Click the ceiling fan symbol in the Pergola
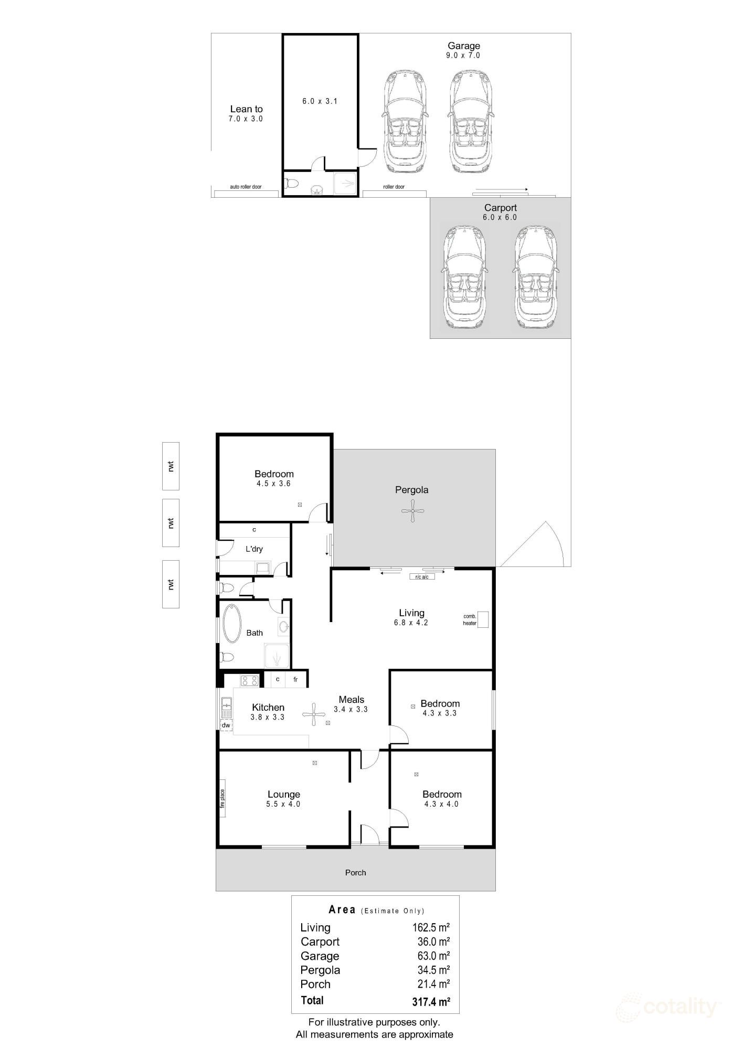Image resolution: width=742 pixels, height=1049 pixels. click(413, 511)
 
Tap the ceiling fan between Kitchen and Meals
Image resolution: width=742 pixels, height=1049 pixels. click(314, 714)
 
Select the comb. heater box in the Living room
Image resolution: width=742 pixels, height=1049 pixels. click(483, 619)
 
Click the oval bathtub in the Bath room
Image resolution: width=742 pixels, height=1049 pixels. click(231, 624)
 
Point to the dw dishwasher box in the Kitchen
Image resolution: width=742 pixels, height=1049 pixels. click(226, 725)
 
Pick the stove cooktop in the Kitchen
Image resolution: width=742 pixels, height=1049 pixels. click(249, 681)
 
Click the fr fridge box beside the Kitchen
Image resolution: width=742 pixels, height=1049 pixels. click(295, 680)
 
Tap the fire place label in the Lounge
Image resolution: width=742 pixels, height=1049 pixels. click(222, 802)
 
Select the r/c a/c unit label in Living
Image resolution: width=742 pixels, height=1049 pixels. click(422, 577)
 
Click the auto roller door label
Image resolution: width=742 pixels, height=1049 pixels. click(246, 187)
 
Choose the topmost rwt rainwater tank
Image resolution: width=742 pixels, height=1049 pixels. click(171, 466)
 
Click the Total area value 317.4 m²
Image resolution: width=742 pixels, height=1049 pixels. click(431, 1002)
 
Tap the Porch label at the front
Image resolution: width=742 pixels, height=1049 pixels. click(355, 873)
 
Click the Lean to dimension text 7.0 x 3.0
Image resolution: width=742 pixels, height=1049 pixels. click(246, 119)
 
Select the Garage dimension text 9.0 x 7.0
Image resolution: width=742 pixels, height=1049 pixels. click(463, 55)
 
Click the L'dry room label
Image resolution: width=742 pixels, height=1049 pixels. click(255, 549)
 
